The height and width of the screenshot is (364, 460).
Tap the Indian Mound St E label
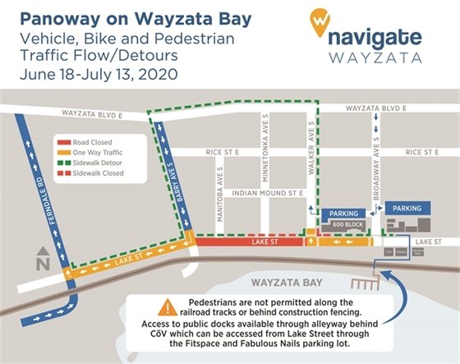coord(268,192)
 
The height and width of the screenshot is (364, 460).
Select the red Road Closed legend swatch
coord(62,141)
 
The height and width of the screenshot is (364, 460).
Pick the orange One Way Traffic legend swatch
coord(62,152)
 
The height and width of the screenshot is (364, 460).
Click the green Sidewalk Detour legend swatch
coord(62,164)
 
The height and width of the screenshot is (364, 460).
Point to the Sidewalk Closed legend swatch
coord(62,174)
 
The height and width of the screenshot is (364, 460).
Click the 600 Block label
coord(343,223)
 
